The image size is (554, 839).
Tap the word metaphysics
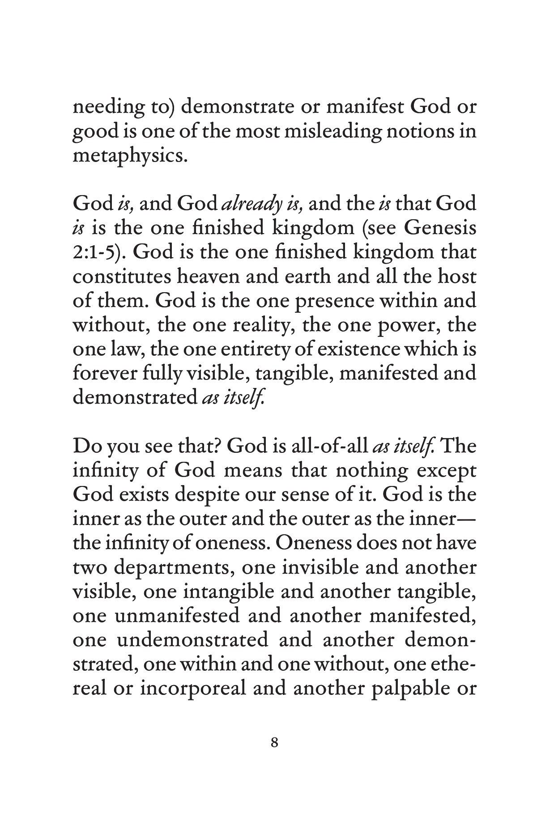point(129,157)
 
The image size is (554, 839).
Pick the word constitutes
point(121,277)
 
